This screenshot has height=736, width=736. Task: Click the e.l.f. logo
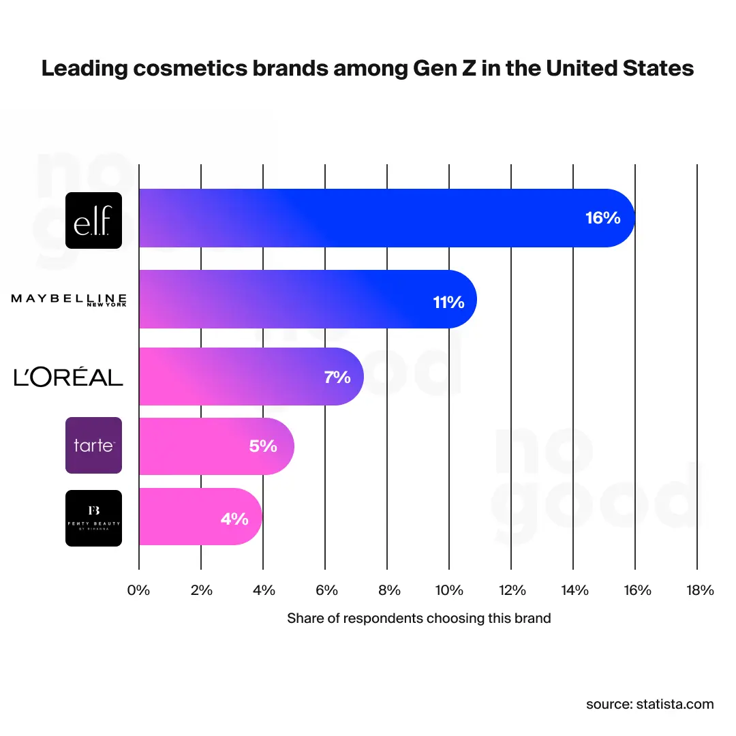click(93, 219)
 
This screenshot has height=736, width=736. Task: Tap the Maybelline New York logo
click(69, 300)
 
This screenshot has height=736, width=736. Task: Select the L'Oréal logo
click(69, 377)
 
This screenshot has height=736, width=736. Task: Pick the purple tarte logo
click(93, 446)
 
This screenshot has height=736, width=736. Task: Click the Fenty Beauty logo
click(93, 518)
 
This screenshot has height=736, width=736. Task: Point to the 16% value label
click(602, 218)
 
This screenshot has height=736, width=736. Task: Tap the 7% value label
click(337, 377)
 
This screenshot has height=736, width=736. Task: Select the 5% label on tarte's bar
click(263, 446)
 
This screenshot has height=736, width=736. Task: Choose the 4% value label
click(234, 519)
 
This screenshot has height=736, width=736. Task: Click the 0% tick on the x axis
click(138, 590)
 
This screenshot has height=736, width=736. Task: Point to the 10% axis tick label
click(449, 590)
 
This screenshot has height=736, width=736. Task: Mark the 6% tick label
click(325, 590)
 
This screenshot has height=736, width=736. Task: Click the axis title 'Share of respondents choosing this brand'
click(418, 619)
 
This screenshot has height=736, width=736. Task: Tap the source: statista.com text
click(649, 704)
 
